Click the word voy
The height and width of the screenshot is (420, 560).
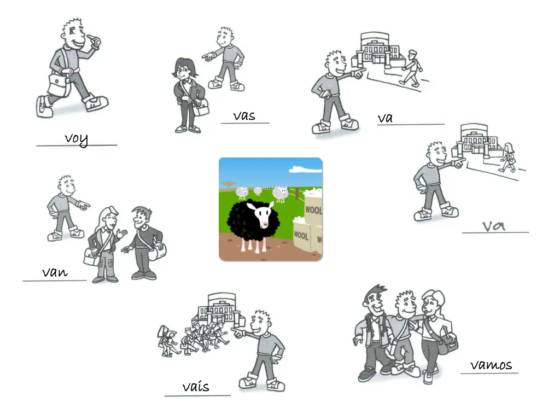77,139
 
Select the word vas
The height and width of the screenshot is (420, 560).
244,116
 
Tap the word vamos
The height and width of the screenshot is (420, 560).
491,365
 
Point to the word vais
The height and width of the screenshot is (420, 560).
196,386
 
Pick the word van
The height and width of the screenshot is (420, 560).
55,272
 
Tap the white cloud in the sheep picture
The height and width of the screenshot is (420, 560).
306,168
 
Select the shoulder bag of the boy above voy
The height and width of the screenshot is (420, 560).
59,84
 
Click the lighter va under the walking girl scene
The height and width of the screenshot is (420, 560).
494,226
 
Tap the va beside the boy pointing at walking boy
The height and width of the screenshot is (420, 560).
385,118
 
